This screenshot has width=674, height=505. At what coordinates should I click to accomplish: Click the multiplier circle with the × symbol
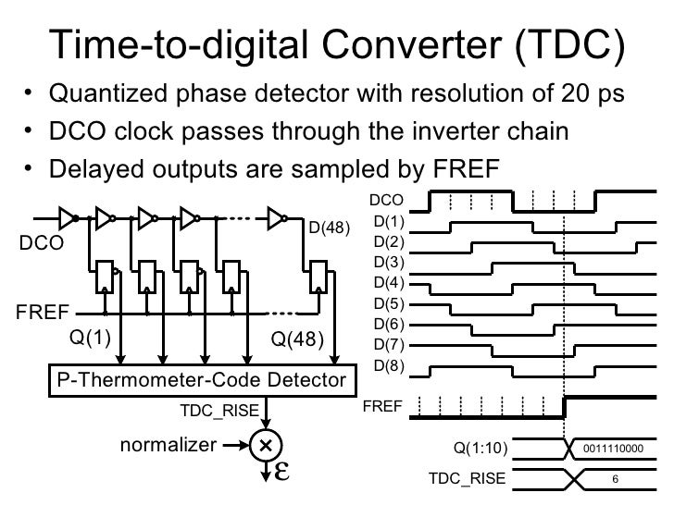pyautogui.click(x=267, y=444)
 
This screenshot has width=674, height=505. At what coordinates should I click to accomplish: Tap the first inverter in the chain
pyautogui.click(x=67, y=218)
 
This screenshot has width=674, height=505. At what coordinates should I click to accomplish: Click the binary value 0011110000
pyautogui.click(x=614, y=450)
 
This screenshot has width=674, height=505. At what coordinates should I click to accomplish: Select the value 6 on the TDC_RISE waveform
pyautogui.click(x=615, y=479)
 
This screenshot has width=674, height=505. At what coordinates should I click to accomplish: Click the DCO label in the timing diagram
pyautogui.click(x=385, y=199)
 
